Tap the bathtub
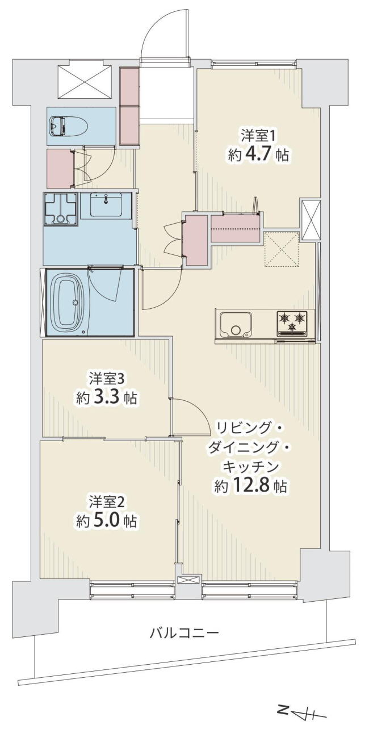pyautogui.click(x=68, y=302)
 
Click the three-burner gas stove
pyautogui.click(x=292, y=324)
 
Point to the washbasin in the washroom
pyautogui.click(x=106, y=206)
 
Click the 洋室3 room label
pyautogui.click(x=107, y=380)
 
